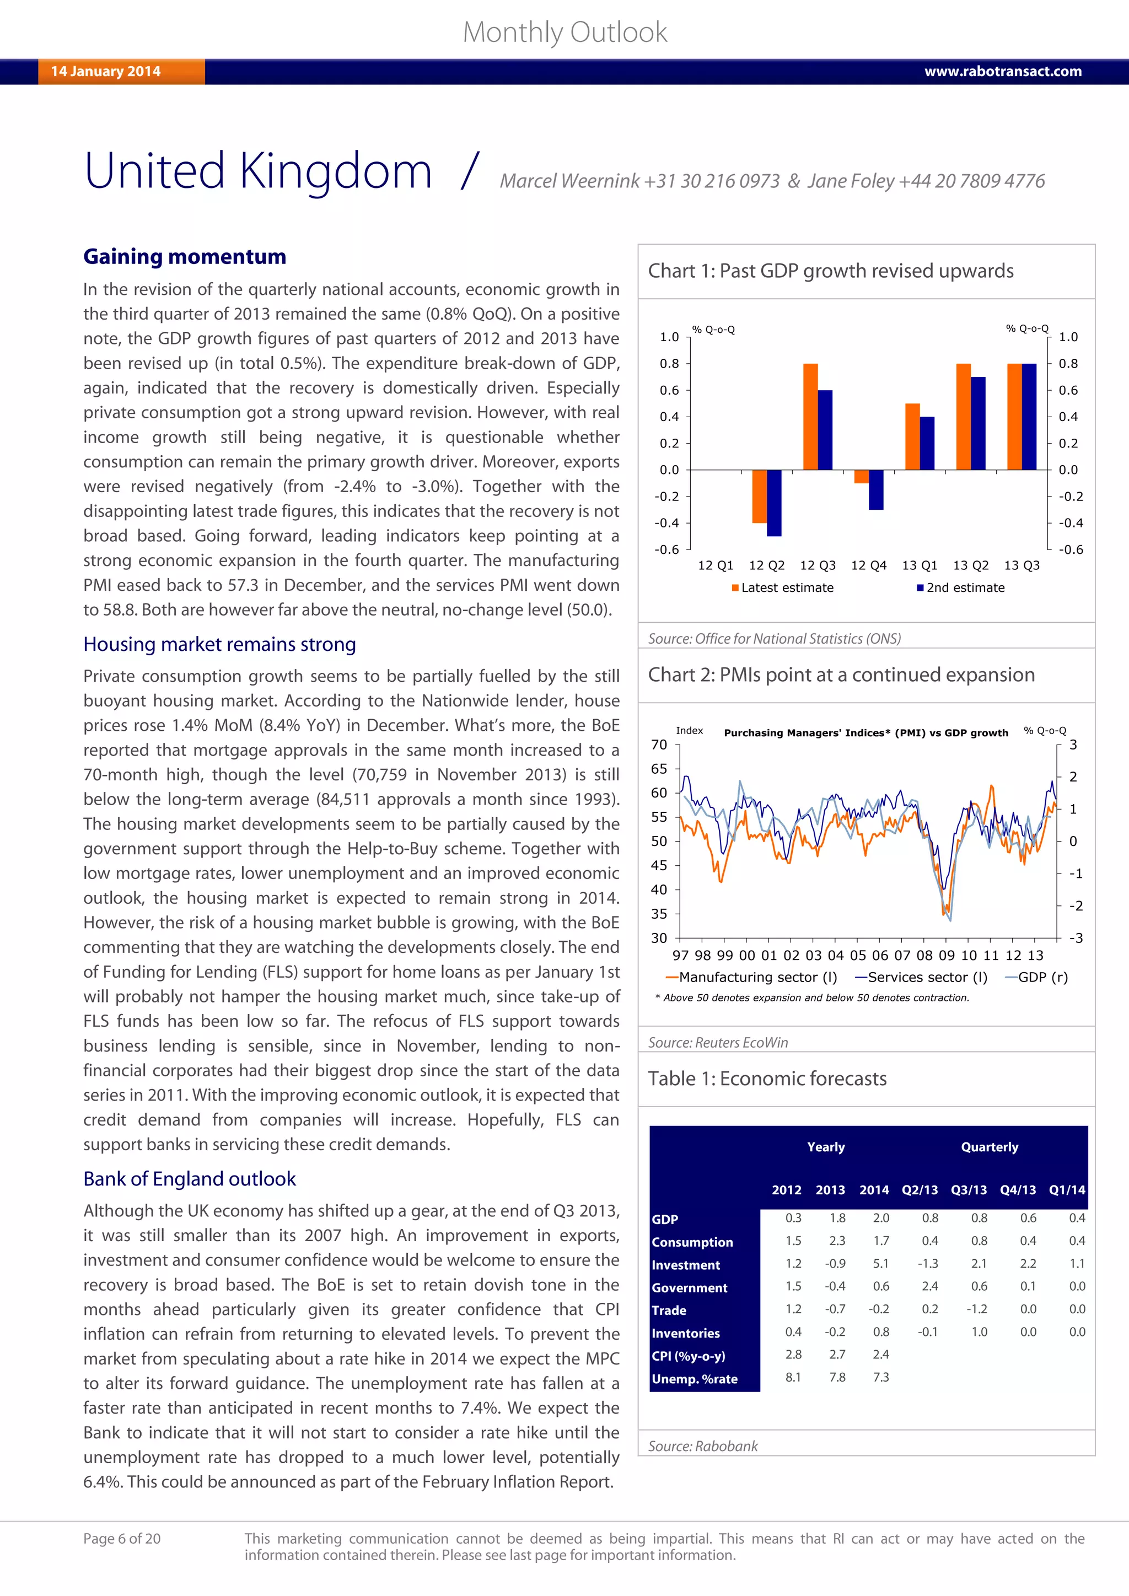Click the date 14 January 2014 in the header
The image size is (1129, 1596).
pyautogui.click(x=106, y=72)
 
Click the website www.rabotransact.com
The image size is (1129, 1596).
pyautogui.click(x=1002, y=72)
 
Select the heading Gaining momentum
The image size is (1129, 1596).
pyautogui.click(x=184, y=256)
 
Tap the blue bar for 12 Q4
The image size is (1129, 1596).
pyautogui.click(x=876, y=489)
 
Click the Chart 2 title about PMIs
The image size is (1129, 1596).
pyautogui.click(x=841, y=675)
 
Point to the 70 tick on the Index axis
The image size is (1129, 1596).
pyautogui.click(x=658, y=745)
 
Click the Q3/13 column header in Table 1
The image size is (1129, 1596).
pyautogui.click(x=969, y=1189)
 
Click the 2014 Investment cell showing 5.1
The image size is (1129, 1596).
pyautogui.click(x=880, y=1264)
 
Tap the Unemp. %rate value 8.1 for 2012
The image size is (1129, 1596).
pyautogui.click(x=793, y=1377)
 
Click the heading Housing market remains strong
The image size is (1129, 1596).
pyautogui.click(x=220, y=644)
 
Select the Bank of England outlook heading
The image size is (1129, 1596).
pyautogui.click(x=190, y=1179)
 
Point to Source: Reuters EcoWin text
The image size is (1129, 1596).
pyautogui.click(x=717, y=1042)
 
